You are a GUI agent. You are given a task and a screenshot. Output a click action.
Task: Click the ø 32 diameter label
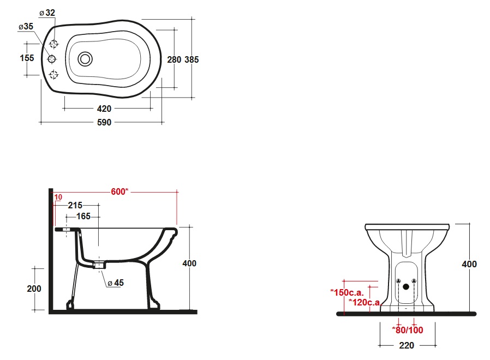click(47, 13)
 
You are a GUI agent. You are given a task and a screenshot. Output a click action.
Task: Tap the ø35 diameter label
click(26, 27)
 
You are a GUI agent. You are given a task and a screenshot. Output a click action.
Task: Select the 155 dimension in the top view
click(27, 58)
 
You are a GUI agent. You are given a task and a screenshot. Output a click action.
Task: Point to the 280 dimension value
click(174, 59)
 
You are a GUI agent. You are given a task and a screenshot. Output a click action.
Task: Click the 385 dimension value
click(192, 59)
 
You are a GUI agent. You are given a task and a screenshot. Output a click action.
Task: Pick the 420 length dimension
click(104, 109)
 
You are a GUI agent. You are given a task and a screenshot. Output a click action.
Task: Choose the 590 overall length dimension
click(104, 122)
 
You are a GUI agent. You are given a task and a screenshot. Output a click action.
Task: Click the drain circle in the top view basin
click(85, 59)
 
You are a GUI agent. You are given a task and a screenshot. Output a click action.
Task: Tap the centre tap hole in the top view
click(51, 59)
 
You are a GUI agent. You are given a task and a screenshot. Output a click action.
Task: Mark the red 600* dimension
click(119, 191)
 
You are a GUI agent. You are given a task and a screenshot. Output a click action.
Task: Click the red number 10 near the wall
click(58, 197)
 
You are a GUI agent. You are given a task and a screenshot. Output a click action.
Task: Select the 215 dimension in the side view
click(75, 205)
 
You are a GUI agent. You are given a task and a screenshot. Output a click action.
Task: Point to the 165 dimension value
click(83, 216)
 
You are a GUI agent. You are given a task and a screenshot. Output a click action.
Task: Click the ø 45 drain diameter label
click(116, 283)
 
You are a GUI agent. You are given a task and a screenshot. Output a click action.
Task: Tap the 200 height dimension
click(34, 289)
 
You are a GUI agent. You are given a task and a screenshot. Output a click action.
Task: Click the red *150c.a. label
click(347, 292)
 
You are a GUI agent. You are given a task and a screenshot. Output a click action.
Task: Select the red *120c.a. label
click(365, 302)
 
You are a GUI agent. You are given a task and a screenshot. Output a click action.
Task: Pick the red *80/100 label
click(408, 330)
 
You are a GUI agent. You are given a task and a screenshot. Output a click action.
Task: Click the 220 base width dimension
click(407, 345)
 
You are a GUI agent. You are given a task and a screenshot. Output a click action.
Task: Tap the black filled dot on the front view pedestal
click(406, 286)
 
